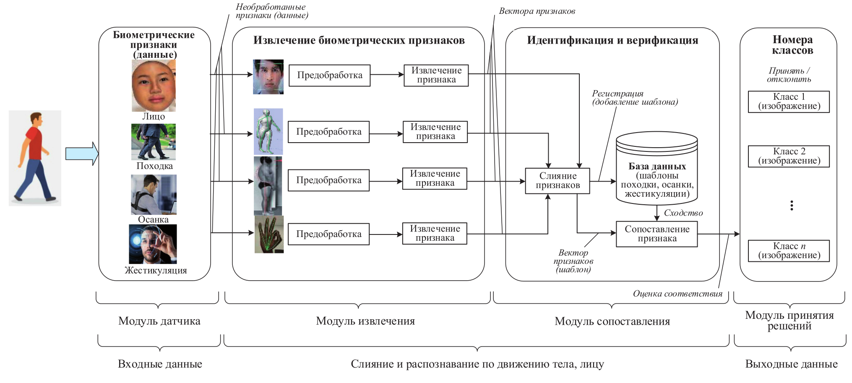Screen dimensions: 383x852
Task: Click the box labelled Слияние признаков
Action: (x=557, y=181)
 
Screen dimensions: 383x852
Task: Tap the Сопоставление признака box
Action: (x=657, y=234)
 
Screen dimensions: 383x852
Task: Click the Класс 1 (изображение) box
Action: (x=789, y=102)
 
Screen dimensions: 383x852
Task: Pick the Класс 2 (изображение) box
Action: (x=789, y=156)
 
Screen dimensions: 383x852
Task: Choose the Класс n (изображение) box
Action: (x=789, y=251)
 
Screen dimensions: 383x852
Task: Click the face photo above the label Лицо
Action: (x=154, y=85)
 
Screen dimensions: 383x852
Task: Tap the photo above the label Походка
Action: (x=154, y=142)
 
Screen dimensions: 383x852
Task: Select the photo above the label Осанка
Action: (x=154, y=194)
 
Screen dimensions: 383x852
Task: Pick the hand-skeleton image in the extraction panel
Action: (x=269, y=234)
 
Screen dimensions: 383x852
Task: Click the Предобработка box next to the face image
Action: (x=330, y=76)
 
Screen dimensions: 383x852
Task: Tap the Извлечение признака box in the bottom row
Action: (x=435, y=234)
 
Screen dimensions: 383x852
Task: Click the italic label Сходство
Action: (x=683, y=213)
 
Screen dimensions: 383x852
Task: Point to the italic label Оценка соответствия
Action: (x=677, y=294)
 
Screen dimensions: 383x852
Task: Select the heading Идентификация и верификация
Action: (x=612, y=40)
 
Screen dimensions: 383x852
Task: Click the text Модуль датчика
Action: (x=159, y=321)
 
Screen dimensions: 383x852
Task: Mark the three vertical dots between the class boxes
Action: (x=792, y=205)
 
